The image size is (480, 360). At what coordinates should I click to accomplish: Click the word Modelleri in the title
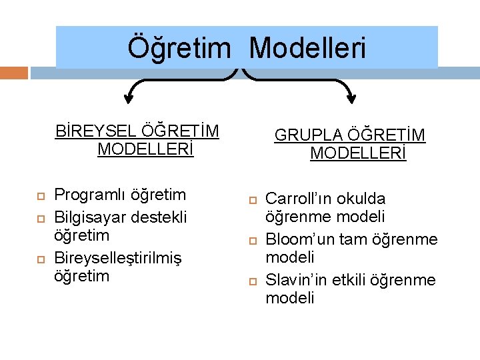(307, 48)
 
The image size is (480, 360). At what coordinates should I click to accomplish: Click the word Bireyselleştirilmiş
(118, 257)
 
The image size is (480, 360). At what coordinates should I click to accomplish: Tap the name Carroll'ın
(299, 199)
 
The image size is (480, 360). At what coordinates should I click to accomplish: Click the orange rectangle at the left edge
(13, 73)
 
